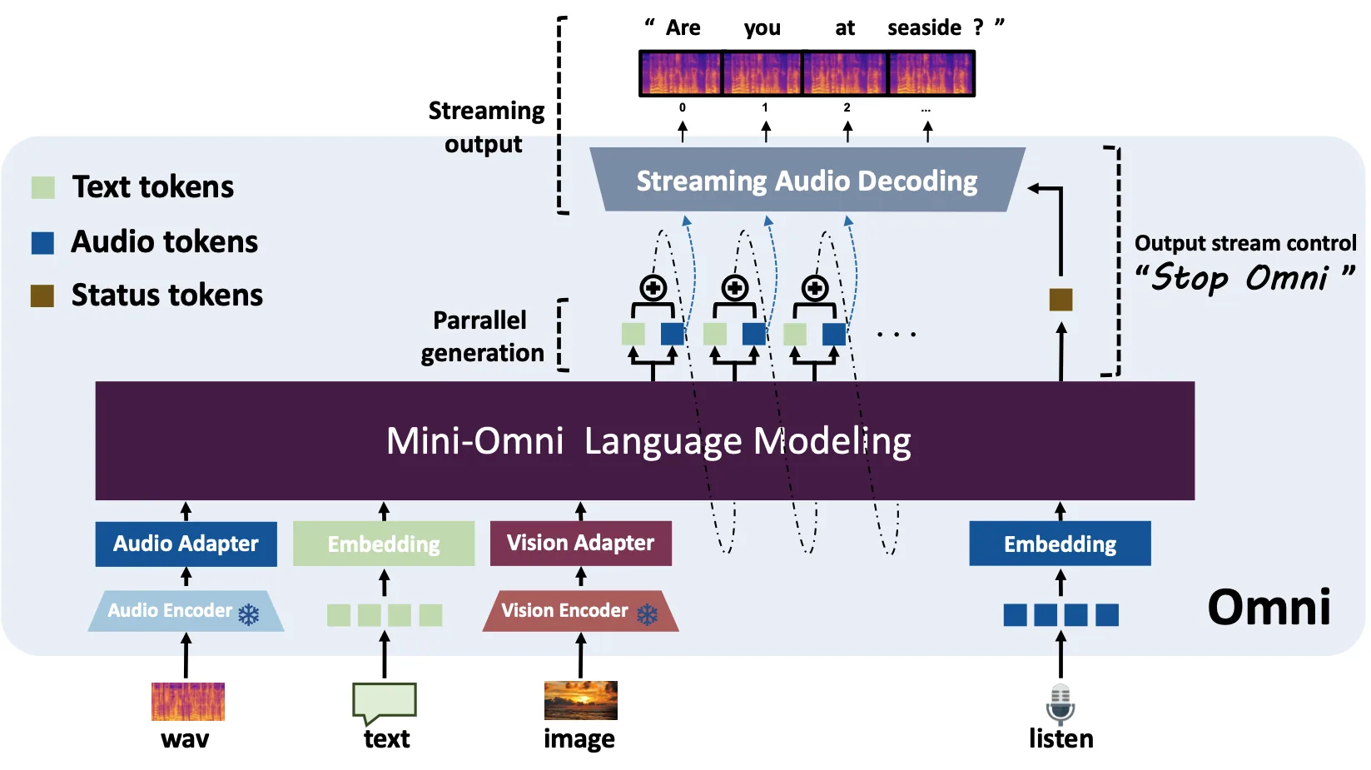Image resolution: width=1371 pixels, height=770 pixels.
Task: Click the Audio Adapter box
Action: (186, 544)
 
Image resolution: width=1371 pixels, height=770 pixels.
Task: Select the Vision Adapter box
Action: (581, 543)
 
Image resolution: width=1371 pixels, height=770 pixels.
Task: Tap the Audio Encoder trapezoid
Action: (186, 611)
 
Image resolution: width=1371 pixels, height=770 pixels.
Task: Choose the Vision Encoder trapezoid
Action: (581, 611)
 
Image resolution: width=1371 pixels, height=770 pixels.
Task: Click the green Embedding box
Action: (384, 544)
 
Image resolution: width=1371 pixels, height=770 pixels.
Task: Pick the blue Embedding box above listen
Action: (1060, 544)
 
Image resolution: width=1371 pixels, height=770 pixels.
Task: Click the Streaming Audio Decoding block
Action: (807, 180)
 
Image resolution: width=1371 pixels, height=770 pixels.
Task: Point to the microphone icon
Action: (1061, 704)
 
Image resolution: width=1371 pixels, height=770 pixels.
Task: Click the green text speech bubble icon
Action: (385, 703)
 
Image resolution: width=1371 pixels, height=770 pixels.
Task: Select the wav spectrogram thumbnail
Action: (188, 702)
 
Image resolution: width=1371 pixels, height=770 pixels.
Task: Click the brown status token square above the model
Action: (1061, 300)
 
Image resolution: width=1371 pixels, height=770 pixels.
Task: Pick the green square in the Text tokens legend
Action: (42, 187)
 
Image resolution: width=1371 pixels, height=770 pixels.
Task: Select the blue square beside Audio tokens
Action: (42, 243)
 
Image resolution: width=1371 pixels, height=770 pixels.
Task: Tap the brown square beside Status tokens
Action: (42, 296)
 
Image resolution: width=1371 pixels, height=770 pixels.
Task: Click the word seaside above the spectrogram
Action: (924, 27)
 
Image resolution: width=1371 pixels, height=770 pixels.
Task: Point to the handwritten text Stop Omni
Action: (1244, 278)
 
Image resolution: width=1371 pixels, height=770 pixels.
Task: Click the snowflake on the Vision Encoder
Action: (647, 614)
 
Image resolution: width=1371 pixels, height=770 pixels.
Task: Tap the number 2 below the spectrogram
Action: (847, 107)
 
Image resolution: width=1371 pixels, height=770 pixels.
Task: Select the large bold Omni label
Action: (1269, 607)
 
